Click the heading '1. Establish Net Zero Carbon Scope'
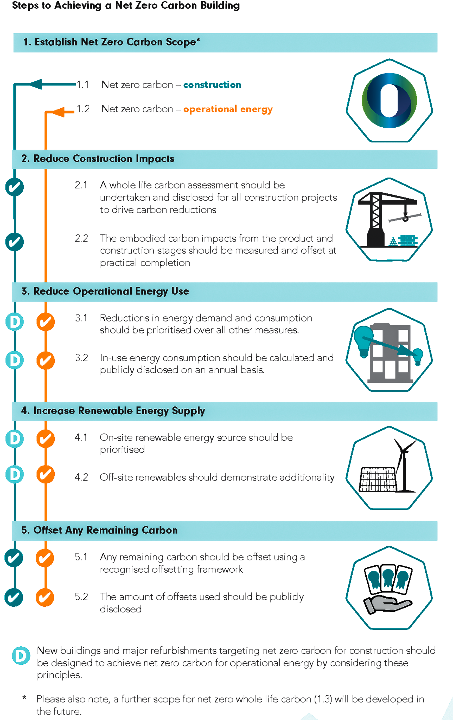coord(112,42)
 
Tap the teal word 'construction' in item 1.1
coord(212,85)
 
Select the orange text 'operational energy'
coord(228,109)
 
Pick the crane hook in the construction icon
coord(405,217)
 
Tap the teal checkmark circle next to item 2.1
coord(14,187)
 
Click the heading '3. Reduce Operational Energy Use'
coord(105,291)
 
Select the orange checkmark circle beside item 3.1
coord(46,322)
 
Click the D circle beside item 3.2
coord(14,360)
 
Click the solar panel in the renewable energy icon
coord(378,479)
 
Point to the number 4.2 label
coord(81,477)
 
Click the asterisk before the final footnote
coord(24,697)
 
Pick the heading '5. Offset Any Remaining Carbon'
coord(99,530)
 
